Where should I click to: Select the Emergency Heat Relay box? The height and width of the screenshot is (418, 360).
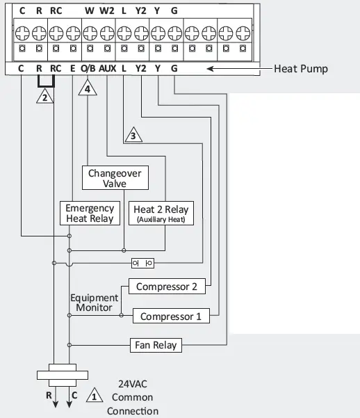[x=90, y=214]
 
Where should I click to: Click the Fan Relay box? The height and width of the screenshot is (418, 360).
[x=156, y=344]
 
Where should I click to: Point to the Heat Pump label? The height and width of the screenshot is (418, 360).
[x=300, y=69]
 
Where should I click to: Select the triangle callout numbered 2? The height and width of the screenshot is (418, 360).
[x=44, y=97]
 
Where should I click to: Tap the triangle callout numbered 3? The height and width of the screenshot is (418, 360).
[x=132, y=136]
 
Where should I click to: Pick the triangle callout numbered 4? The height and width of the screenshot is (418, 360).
[x=88, y=89]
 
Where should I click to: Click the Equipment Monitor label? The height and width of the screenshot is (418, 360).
[x=94, y=303]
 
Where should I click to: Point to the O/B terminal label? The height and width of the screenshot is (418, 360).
[x=88, y=69]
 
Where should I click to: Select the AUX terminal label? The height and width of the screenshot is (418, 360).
[x=107, y=69]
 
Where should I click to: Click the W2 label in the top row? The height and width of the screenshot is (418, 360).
[x=106, y=11]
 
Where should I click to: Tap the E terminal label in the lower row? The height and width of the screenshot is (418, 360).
[x=73, y=69]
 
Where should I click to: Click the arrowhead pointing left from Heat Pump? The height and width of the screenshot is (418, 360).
[x=210, y=69]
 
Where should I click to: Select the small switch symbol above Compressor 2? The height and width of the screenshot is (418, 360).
[x=142, y=263]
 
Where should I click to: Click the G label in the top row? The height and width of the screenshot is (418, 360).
[x=174, y=11]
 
